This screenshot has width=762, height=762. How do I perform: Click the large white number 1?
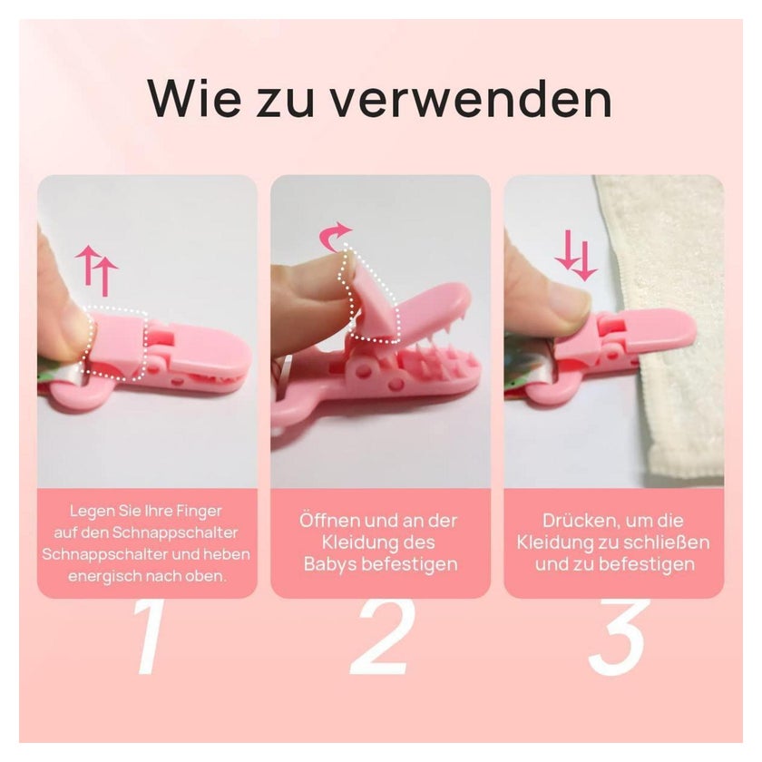(x=149, y=637)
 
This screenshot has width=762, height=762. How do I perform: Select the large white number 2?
(x=383, y=637)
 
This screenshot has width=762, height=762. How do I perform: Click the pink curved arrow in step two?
(x=335, y=237)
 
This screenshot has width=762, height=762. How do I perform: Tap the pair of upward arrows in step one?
(x=96, y=269)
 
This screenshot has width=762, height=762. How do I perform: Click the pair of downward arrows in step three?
(x=576, y=255)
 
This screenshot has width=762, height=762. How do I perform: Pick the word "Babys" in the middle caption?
(x=329, y=564)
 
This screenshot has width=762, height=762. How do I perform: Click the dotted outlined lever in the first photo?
(x=117, y=344)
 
